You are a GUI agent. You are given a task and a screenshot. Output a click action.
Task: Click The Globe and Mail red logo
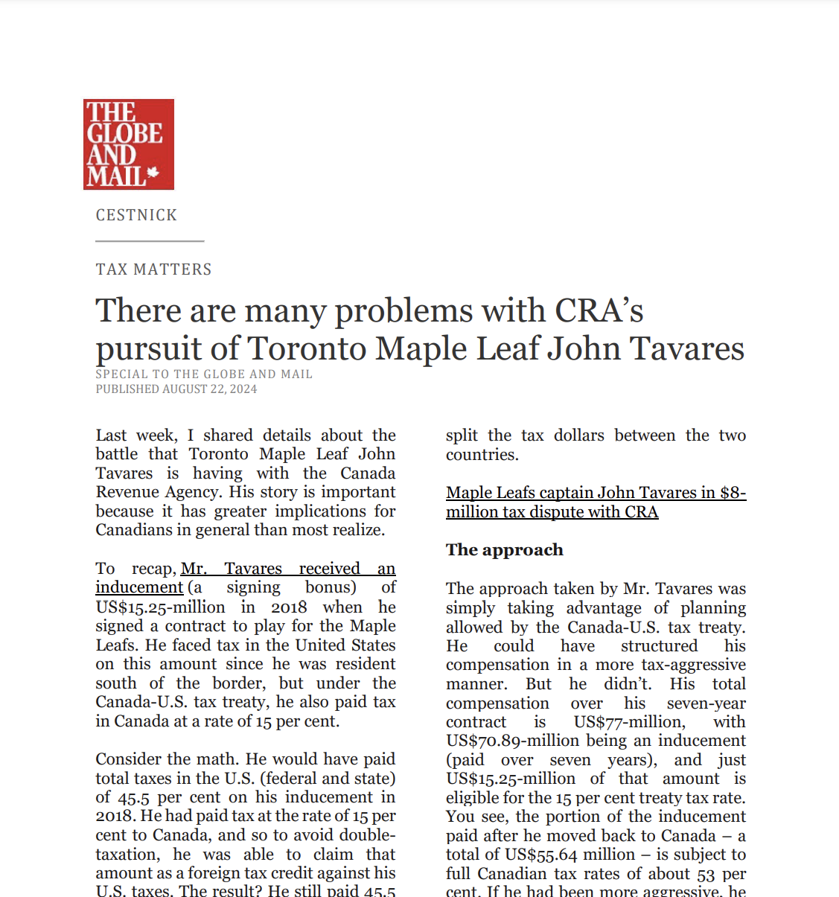128,144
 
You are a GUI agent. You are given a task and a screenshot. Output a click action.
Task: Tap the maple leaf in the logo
153,173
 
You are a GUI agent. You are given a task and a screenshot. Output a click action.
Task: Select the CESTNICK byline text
136,215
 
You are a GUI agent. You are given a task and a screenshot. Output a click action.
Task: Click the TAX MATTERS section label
153,269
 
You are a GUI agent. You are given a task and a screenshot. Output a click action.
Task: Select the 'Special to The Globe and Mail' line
204,374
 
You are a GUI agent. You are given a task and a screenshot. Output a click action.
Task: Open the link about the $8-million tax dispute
596,502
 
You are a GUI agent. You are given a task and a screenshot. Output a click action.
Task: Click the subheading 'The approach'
505,550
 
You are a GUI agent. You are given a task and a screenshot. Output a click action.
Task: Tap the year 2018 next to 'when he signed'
289,607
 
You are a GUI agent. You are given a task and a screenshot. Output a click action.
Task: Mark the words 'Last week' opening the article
136,435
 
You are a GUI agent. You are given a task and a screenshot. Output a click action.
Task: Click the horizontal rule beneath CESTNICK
150,241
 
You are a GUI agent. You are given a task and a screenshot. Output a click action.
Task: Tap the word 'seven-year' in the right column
706,703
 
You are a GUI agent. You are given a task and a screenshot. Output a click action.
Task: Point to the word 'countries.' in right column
482,455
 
